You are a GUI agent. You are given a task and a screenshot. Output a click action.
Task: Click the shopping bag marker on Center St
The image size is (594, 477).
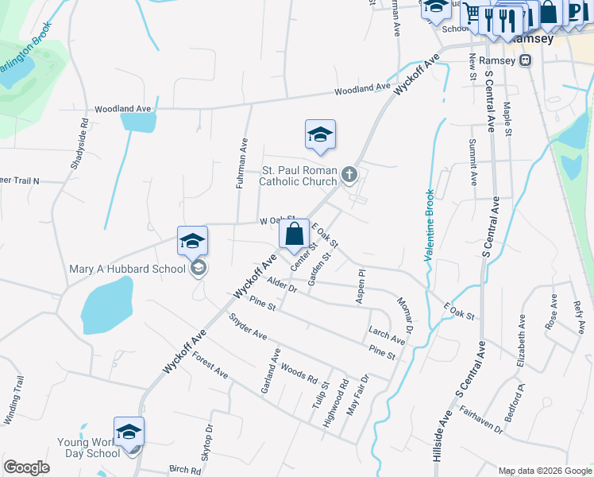point(294,234)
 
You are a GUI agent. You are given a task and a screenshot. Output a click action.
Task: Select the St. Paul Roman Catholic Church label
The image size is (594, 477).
point(299,176)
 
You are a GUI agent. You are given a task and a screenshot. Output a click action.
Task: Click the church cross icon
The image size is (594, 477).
point(349,174)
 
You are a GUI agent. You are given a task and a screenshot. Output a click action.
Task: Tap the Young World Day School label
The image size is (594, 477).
point(88,448)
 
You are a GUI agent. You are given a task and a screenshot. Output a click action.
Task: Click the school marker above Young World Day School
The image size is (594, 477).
point(129,432)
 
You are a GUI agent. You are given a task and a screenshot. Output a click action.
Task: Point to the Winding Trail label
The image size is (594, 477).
point(15,402)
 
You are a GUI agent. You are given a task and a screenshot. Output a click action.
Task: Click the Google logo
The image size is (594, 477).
point(26,467)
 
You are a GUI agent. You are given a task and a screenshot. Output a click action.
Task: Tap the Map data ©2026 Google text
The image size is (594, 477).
point(544,471)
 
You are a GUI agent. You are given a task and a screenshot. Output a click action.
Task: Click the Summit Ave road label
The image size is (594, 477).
point(472,161)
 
